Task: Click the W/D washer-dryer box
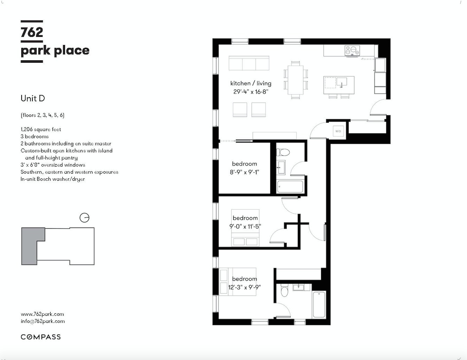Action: [338, 131]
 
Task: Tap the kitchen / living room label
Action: [251, 83]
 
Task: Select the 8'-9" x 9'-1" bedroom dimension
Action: [244, 172]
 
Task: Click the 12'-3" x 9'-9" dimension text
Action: [244, 288]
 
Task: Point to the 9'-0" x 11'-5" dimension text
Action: [245, 227]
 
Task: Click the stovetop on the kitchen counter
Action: [352, 51]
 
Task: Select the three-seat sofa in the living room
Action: [249, 63]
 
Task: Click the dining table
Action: [295, 80]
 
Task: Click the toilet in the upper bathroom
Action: [283, 152]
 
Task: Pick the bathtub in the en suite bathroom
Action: [319, 305]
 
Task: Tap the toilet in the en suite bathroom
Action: [285, 291]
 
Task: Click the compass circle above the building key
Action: [85, 218]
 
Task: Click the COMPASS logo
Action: [41, 337]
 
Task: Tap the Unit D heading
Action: [33, 98]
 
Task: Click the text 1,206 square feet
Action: [41, 129]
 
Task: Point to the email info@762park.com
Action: [42, 321]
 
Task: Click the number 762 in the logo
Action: [32, 32]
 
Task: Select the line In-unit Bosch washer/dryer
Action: [53, 179]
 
